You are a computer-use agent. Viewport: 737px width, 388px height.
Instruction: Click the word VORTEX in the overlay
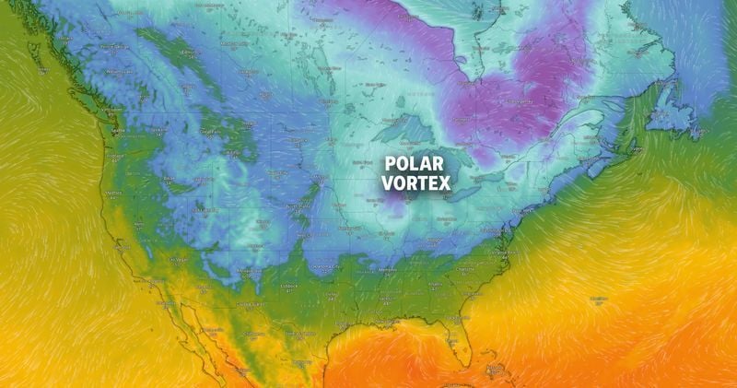click(x=417, y=183)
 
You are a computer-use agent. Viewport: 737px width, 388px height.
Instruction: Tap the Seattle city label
click(x=117, y=131)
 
